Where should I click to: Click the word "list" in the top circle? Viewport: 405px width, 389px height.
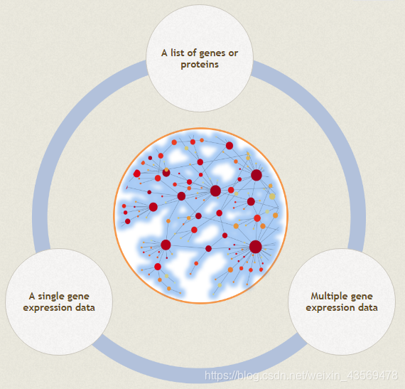178,53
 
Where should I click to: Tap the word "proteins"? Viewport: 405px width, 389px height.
200,65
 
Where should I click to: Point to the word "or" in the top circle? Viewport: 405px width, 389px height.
233,53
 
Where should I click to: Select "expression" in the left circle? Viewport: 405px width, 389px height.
48,308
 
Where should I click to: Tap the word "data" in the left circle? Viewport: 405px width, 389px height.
85,307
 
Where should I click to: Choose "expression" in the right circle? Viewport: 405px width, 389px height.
330,308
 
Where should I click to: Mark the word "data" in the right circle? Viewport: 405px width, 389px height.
368,307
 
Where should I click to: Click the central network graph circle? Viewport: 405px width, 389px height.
200,215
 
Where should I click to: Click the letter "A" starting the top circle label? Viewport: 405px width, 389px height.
164,53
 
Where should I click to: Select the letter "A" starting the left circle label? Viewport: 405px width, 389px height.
32,297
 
